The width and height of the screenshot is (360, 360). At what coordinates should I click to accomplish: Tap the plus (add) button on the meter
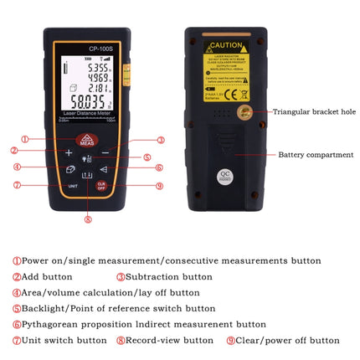[69, 153]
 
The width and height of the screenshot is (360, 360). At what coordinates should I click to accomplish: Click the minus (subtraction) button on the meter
[105, 153]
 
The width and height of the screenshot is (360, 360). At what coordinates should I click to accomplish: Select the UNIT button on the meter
[73, 184]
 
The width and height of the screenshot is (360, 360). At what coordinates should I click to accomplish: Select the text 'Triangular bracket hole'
[313, 111]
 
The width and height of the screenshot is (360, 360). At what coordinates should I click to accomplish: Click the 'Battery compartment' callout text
[316, 155]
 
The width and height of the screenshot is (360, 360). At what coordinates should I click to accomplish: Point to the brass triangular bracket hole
[245, 111]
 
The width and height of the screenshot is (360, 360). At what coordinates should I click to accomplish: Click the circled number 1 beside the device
[25, 139]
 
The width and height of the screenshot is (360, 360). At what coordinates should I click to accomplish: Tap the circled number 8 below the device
[88, 220]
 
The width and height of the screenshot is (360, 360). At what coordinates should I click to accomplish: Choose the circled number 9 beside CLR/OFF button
[159, 186]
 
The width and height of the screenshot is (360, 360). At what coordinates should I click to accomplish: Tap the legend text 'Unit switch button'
[64, 340]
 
